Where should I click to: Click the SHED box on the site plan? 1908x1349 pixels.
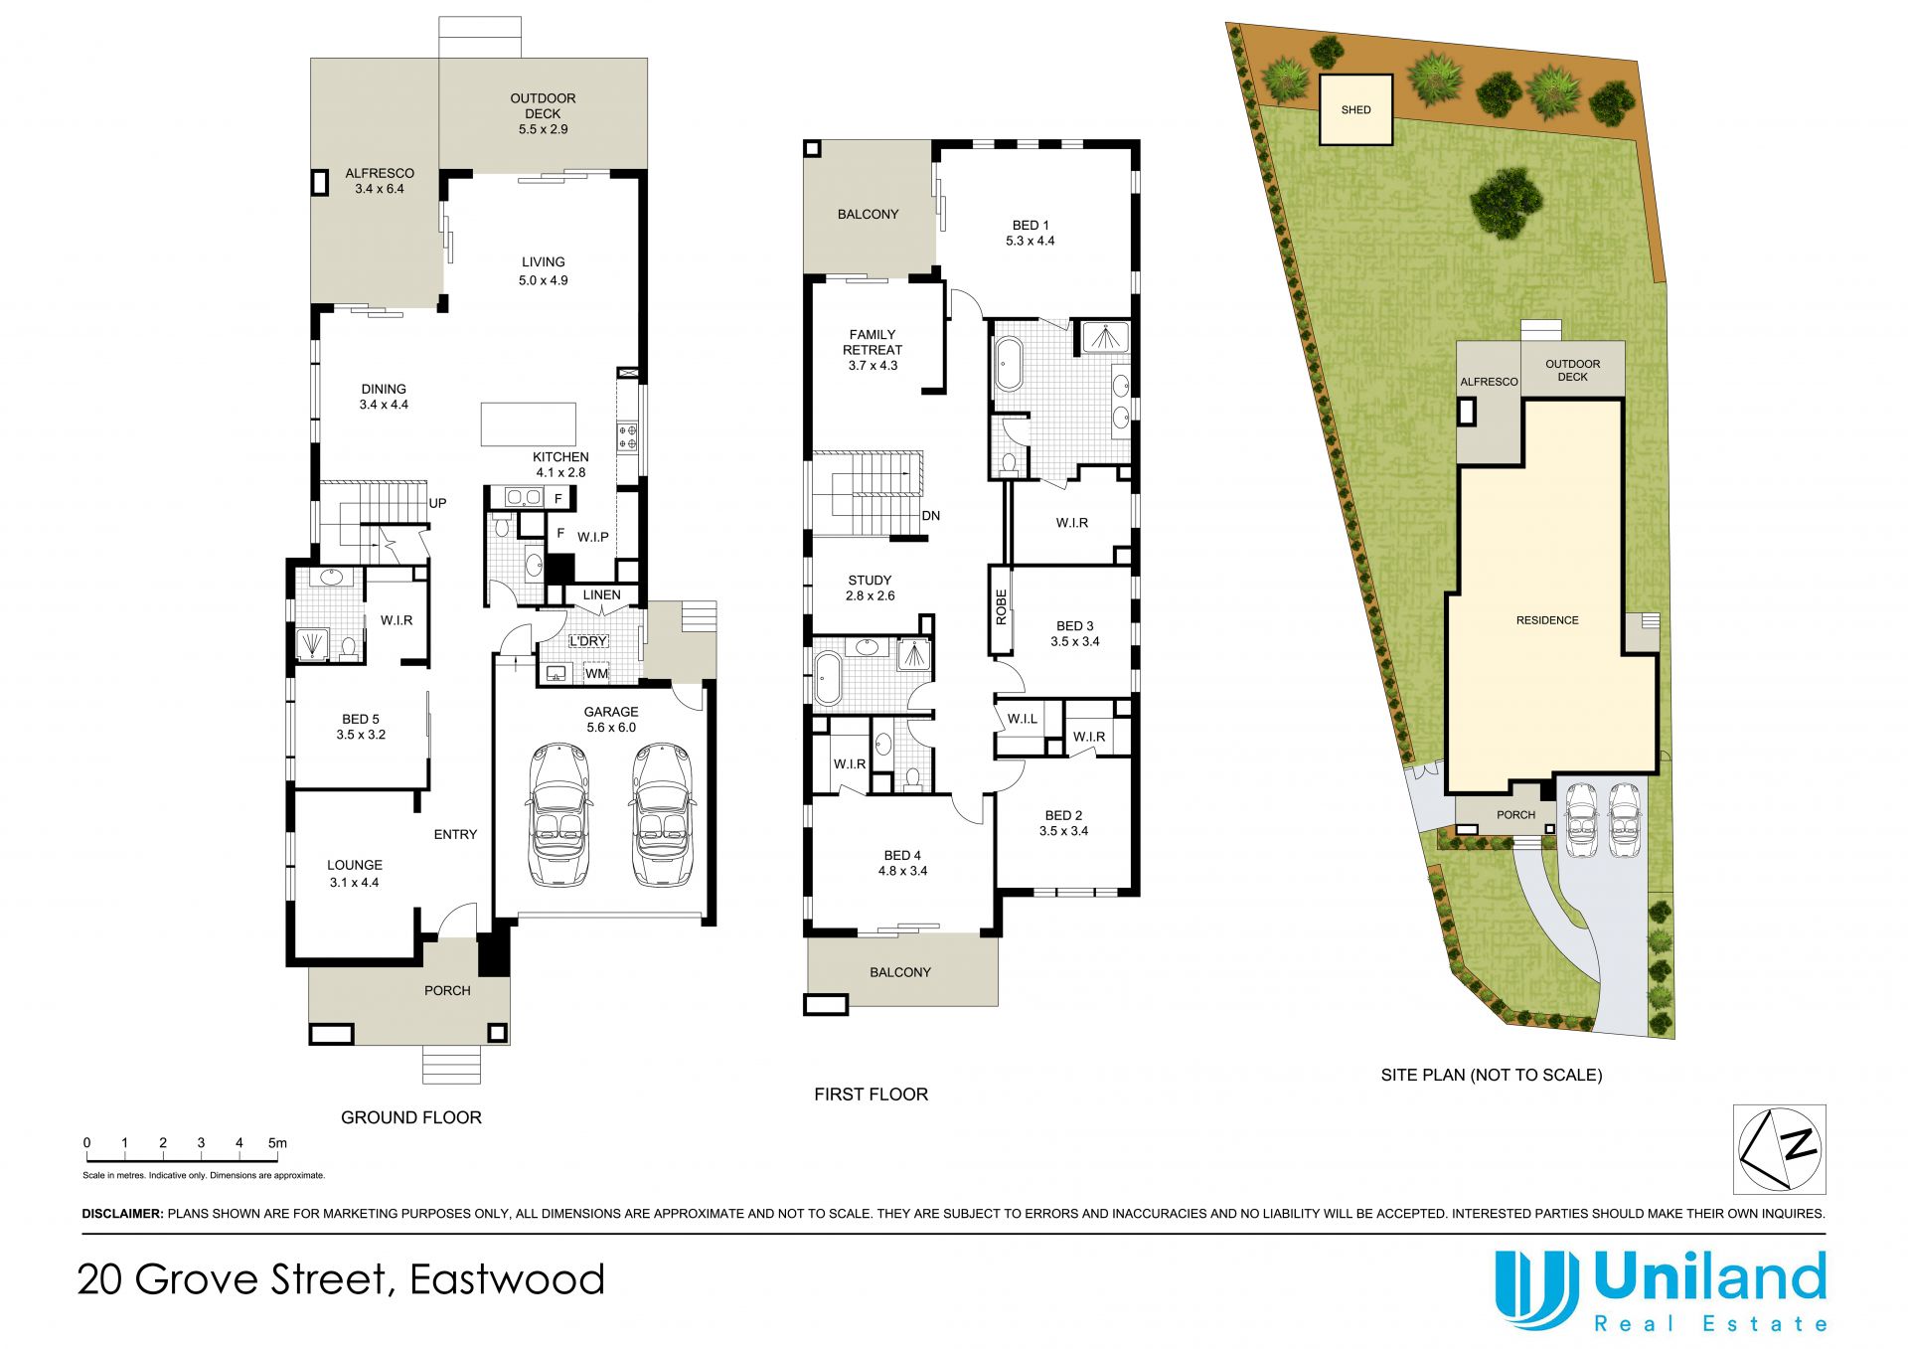pos(1355,109)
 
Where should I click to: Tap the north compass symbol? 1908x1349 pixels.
pos(1780,1149)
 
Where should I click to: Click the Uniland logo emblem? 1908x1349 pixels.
pos(1537,1289)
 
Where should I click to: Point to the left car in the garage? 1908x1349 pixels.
pos(559,814)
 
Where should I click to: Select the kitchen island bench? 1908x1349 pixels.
pos(529,424)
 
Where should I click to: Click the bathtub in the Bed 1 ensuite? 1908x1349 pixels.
pos(1008,364)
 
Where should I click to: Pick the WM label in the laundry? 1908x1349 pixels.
pos(596,674)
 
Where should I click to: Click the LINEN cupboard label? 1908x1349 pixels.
pos(601,595)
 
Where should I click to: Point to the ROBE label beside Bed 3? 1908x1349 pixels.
pos(1001,607)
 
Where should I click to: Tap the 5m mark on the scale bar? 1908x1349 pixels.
pos(277,1143)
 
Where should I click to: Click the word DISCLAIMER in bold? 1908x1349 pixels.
pos(122,1214)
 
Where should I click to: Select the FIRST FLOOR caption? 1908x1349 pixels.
pos(871,1095)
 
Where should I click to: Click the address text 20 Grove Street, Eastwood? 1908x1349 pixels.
pos(341,1279)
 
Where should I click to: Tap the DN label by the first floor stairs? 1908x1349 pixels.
pos(931,516)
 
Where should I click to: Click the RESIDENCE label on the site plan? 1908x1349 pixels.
pos(1547,620)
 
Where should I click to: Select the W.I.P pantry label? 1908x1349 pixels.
pos(593,537)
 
